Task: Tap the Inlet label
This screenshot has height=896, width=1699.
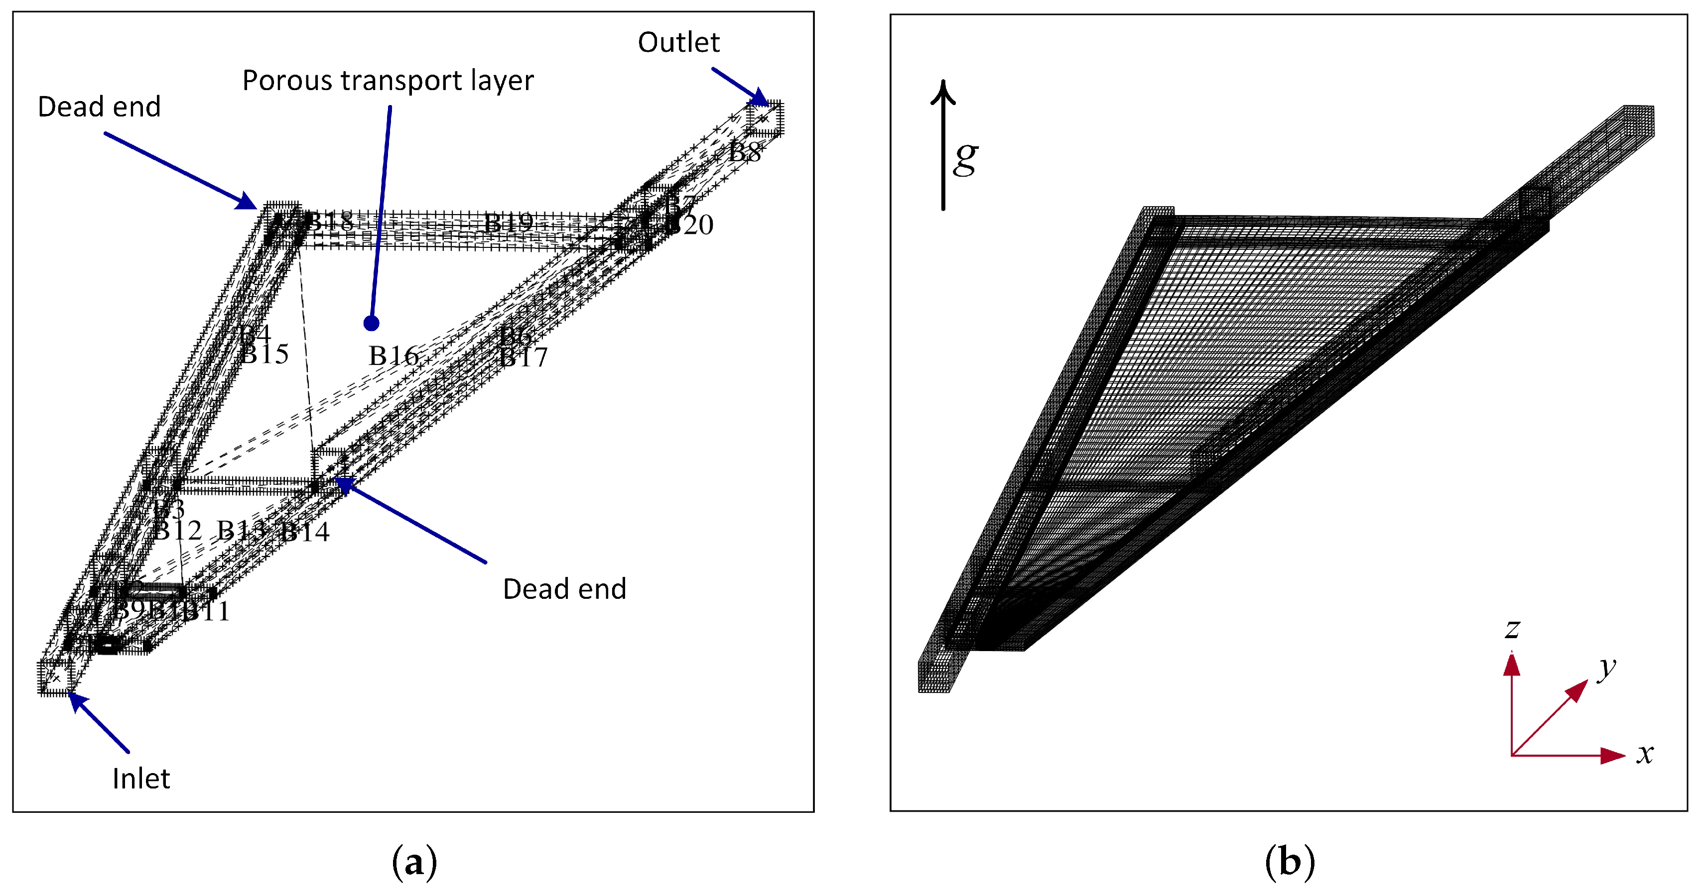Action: point(140,779)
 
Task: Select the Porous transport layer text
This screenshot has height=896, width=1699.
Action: point(388,81)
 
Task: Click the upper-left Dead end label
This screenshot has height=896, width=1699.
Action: point(99,107)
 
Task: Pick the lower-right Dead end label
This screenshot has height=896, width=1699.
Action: point(564,589)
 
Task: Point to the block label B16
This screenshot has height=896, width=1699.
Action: point(393,356)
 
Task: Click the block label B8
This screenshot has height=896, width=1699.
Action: point(745,152)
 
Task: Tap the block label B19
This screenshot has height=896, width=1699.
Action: point(508,223)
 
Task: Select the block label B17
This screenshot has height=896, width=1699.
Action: point(523,358)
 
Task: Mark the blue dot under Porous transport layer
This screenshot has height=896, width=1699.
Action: point(371,323)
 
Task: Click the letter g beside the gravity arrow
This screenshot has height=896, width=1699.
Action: point(966,158)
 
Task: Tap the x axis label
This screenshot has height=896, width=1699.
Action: point(1645,754)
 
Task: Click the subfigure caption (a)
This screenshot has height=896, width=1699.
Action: point(414,862)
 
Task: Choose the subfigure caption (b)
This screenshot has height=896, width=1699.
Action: point(1290,862)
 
